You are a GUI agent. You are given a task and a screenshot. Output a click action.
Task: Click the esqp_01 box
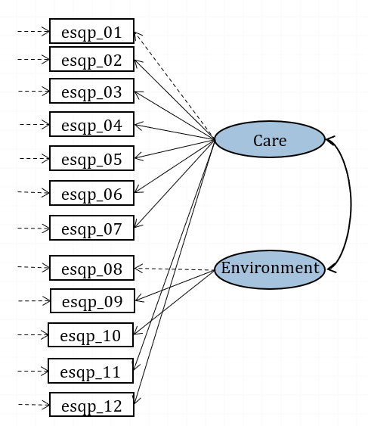pos(91,32)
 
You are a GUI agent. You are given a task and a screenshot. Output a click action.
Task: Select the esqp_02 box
pos(91,60)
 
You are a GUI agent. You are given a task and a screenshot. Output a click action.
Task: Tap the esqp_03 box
pos(91,92)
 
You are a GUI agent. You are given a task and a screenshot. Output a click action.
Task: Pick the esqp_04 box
pos(91,125)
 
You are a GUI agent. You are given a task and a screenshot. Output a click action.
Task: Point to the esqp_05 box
pos(91,159)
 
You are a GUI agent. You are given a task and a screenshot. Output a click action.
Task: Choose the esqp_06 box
pos(91,194)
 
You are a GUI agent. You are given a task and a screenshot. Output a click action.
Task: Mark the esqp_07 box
pos(91,228)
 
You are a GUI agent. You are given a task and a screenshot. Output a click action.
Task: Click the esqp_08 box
pos(91,269)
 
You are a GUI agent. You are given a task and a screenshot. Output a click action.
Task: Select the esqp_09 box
pos(92,301)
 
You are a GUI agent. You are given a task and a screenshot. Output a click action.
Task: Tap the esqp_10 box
pos(91,335)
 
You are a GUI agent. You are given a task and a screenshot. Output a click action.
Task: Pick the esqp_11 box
pos(91,372)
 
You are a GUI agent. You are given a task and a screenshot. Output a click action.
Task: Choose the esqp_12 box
pos(91,406)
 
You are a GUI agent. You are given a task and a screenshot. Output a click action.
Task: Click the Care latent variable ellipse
pos(269,140)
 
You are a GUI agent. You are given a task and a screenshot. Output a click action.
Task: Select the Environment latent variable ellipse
pos(269,269)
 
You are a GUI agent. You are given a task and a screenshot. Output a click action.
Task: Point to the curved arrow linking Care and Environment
pos(350,204)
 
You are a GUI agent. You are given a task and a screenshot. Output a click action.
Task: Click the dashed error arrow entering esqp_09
pos(32,300)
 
